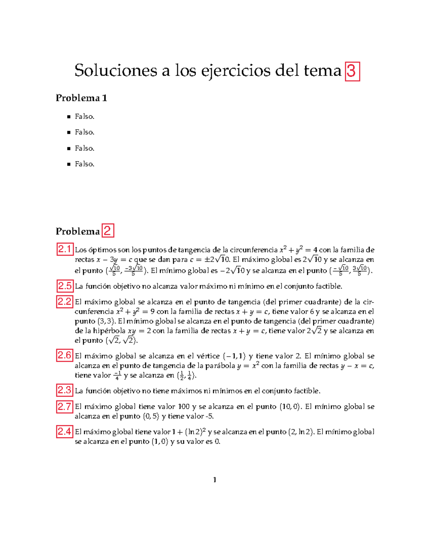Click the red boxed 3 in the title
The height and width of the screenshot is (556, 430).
click(x=352, y=71)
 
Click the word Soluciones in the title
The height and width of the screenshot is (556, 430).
click(x=115, y=71)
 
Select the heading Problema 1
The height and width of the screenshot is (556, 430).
click(x=81, y=98)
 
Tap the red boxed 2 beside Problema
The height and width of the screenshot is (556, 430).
click(x=107, y=231)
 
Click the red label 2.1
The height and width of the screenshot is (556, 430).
click(x=64, y=249)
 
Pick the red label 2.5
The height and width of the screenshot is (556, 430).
click(x=64, y=286)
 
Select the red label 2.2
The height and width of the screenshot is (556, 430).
click(x=64, y=301)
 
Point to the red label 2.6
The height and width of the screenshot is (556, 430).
click(x=64, y=355)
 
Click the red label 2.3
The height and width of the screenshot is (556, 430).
click(x=64, y=390)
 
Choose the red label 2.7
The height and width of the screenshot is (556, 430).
click(x=64, y=406)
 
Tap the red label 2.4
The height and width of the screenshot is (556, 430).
click(x=64, y=431)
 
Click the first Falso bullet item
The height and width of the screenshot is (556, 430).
click(x=85, y=117)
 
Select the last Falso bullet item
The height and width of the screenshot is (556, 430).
click(x=85, y=164)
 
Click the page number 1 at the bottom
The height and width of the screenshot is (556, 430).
click(x=215, y=480)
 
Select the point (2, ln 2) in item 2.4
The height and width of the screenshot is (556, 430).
click(x=301, y=432)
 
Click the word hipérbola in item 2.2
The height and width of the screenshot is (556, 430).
click(x=109, y=331)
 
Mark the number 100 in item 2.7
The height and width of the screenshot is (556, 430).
click(x=184, y=407)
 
